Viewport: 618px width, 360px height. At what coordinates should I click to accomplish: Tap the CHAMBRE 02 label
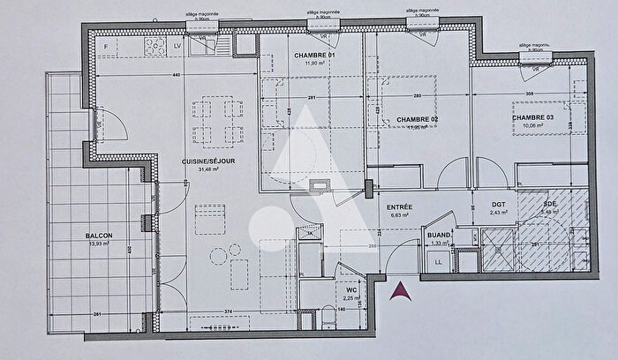pyautogui.click(x=418, y=118)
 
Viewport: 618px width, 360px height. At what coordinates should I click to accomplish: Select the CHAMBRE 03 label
pyautogui.click(x=532, y=115)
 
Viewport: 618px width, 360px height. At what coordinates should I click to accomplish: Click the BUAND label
pyautogui.click(x=440, y=236)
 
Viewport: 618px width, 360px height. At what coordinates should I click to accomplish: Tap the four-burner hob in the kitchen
pyautogui.click(x=156, y=46)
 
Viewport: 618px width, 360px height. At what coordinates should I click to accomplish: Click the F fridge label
pyautogui.click(x=105, y=45)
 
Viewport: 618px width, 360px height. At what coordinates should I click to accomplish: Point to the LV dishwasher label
pyautogui.click(x=177, y=45)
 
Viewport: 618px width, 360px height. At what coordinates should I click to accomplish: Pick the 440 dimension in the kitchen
pyautogui.click(x=177, y=76)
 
